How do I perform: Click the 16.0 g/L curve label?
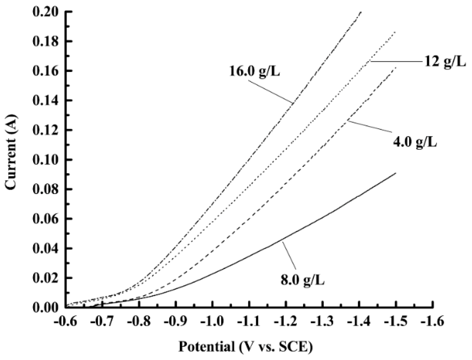(x=254, y=71)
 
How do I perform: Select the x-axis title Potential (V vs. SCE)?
(x=245, y=347)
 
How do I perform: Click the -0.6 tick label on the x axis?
(x=65, y=321)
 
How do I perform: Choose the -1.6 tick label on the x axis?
(x=433, y=321)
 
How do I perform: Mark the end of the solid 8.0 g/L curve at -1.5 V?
(x=396, y=173)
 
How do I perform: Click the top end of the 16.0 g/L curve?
(x=361, y=12)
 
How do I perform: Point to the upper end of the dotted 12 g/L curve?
(x=395, y=32)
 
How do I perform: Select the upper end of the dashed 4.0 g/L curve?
(x=396, y=67)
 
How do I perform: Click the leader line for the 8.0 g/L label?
(x=290, y=256)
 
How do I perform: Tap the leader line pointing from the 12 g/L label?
(x=396, y=62)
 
